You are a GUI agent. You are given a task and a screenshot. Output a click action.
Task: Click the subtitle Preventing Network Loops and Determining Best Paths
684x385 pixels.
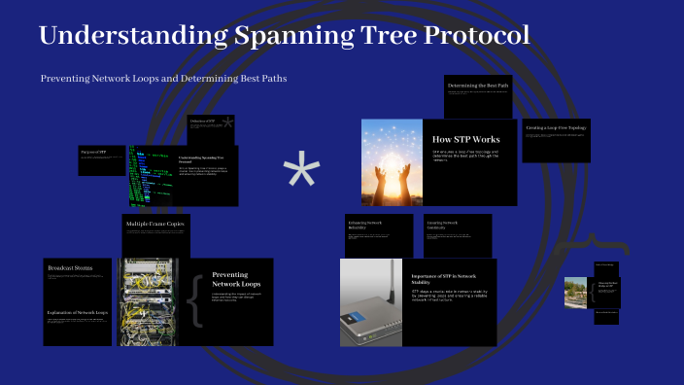163,78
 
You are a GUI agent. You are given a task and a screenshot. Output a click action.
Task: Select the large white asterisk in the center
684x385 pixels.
301,174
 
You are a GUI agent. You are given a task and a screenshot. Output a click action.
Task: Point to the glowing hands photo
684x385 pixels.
392,161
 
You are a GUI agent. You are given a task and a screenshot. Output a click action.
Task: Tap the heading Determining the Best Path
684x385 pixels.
478,86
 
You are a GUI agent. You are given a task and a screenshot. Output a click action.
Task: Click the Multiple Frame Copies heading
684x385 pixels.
154,225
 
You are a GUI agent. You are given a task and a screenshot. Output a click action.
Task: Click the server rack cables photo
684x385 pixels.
149,301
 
